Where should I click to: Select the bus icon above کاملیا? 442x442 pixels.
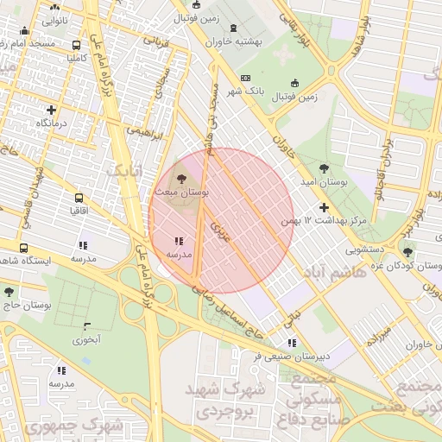[77, 46]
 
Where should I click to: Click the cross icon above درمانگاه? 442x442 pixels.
[52, 110]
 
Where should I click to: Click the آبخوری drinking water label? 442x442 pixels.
[86, 339]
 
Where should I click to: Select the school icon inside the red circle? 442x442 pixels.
[178, 242]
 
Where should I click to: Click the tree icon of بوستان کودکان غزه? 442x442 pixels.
[407, 252]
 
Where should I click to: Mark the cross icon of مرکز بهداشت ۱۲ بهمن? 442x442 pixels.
[324, 207]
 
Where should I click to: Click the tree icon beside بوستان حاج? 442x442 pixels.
[9, 293]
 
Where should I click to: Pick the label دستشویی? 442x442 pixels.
[365, 250]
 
